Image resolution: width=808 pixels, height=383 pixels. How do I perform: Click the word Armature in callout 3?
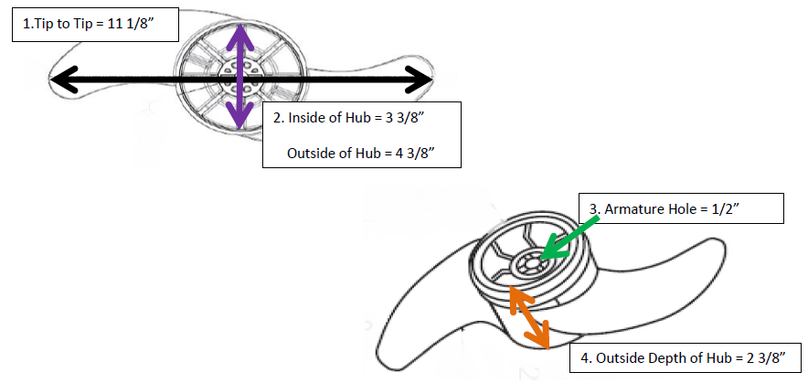(628, 209)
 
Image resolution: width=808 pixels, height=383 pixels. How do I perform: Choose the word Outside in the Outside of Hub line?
(308, 154)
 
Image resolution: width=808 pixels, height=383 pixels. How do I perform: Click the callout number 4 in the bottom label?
(585, 358)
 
